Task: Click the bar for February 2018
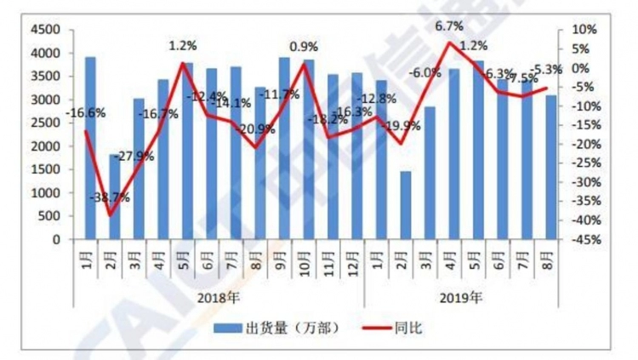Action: click(114, 197)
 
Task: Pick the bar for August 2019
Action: click(551, 167)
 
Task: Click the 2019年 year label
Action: click(461, 299)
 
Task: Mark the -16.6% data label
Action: click(88, 111)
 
